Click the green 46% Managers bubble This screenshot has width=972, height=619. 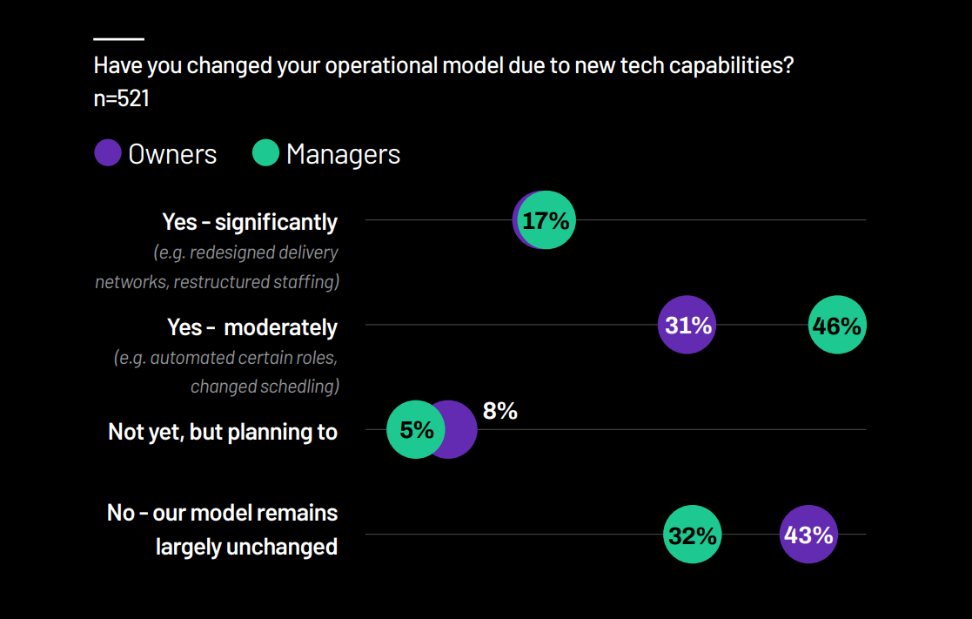coord(837,326)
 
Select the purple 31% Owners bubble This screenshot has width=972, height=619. coord(687,326)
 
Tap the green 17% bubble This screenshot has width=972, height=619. coord(546,220)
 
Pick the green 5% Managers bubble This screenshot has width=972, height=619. coord(416,429)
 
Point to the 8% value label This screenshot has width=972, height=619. coord(500,411)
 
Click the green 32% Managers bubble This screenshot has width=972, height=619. coord(693,535)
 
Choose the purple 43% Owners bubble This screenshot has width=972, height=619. coord(808,535)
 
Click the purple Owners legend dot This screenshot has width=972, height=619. coord(108,154)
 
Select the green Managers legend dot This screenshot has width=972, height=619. coord(265,154)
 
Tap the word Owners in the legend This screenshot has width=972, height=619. coord(172,154)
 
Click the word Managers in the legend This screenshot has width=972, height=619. coord(343,154)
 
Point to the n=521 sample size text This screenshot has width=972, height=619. coord(122,98)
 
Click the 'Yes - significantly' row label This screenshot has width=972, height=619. coord(250,222)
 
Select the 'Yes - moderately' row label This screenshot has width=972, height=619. coord(252,327)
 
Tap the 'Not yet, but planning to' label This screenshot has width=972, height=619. coord(223,432)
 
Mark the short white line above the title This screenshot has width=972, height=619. coord(118,39)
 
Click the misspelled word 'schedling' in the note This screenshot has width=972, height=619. coord(298,387)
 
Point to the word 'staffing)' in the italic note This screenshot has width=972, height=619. coord(305,282)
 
